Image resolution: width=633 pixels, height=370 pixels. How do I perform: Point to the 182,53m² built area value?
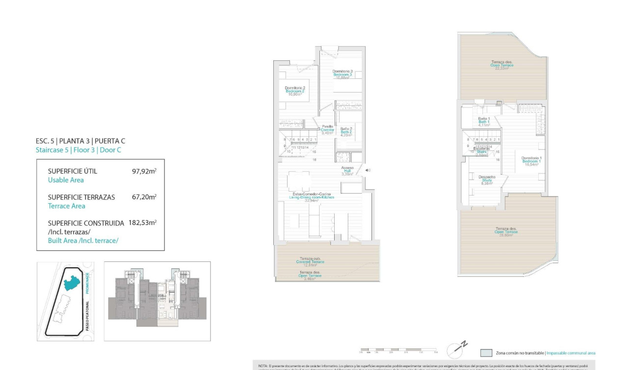[142, 222]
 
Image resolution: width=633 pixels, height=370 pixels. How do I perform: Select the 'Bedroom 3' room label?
[343, 74]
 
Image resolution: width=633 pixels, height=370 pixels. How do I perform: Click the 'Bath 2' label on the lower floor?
[346, 132]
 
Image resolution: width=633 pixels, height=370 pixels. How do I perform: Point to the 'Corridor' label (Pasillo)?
[327, 129]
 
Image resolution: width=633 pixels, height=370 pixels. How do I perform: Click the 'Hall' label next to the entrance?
[347, 171]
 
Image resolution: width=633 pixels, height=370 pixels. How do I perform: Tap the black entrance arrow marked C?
[368, 170]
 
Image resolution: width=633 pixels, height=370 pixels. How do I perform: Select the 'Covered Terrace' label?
[310, 262]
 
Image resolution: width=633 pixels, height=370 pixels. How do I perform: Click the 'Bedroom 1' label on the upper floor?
[531, 161]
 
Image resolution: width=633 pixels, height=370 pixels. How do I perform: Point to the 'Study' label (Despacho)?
[487, 180]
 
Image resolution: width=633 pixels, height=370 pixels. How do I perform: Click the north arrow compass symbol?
[456, 349]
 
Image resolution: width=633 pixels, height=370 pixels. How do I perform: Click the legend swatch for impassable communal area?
[486, 353]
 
